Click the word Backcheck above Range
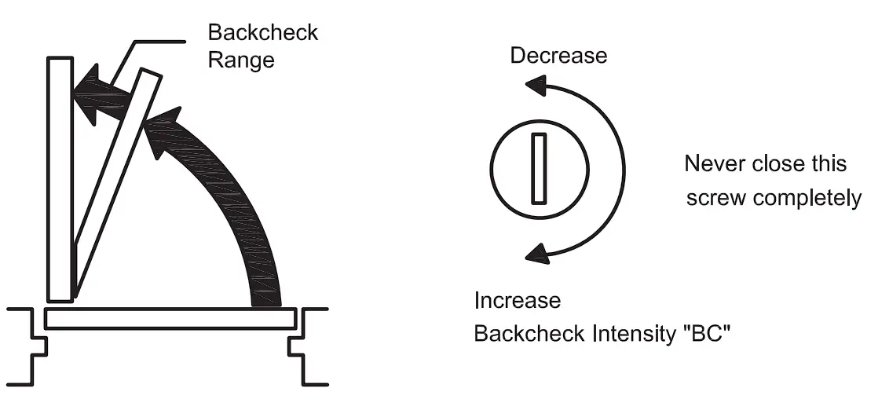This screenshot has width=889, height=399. point(262,33)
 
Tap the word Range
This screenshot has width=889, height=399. point(241,59)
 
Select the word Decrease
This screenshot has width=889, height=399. point(558,55)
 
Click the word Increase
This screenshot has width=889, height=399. point(518,301)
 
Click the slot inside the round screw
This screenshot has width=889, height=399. point(538,168)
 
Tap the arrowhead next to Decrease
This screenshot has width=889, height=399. point(536,84)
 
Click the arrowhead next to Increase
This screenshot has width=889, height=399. point(537,251)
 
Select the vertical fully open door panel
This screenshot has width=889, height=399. point(60,179)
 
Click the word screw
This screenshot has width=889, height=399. point(715,197)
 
